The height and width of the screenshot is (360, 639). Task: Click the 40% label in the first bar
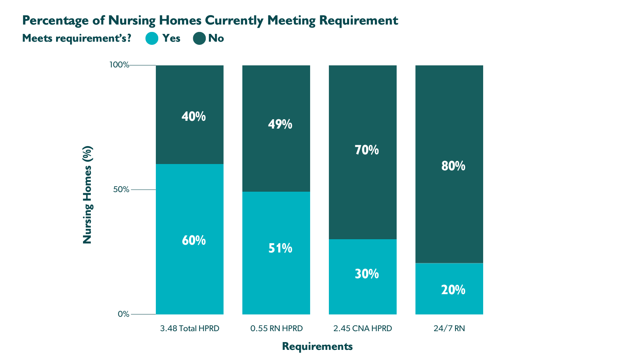click(194, 116)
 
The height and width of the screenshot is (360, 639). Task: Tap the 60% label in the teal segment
click(194, 240)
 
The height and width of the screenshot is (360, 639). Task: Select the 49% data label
click(280, 124)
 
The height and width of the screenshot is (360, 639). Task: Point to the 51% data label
click(280, 248)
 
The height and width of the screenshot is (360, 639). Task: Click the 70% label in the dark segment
click(367, 150)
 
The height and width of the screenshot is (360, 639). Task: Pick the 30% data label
click(367, 274)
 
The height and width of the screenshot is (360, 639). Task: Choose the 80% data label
click(453, 166)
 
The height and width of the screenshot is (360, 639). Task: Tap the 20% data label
click(453, 290)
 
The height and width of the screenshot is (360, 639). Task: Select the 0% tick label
click(123, 314)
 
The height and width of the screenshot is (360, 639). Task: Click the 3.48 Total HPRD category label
click(190, 328)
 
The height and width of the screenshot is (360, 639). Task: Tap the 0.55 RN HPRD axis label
click(276, 328)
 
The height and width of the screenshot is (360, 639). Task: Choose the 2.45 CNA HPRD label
click(363, 328)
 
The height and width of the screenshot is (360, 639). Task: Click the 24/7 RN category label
click(449, 328)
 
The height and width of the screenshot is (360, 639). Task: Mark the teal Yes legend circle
click(152, 38)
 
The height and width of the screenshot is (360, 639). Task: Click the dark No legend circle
click(199, 38)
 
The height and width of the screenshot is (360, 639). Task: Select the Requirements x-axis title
click(317, 346)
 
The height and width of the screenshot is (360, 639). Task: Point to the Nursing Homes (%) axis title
click(88, 195)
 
